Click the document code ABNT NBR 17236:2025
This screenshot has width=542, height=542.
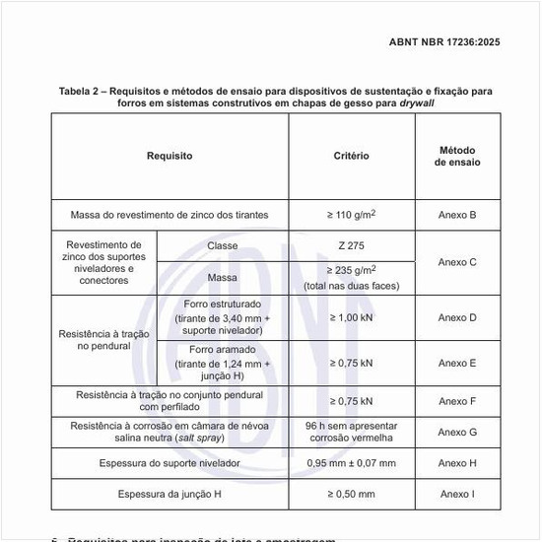coord(446,42)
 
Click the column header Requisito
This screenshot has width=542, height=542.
coord(169,156)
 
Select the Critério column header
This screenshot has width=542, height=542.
coord(352,156)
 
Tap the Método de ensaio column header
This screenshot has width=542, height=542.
coord(457,156)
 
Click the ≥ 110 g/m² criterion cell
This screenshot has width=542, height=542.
coord(352,214)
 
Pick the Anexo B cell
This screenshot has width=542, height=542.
coord(457,214)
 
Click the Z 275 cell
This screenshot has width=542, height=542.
coord(352,245)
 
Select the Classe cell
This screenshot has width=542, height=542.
coord(223,245)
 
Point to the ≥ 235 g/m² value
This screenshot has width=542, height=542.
coord(352,270)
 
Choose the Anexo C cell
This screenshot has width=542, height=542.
coord(457,262)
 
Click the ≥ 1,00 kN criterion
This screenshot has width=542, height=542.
coord(352,317)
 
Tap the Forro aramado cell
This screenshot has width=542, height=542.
coord(223,349)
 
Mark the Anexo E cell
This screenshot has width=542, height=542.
coord(457,363)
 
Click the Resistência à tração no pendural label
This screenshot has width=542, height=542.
coord(104,340)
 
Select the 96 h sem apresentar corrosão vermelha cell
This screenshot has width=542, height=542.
coord(352,432)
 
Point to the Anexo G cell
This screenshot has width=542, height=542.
coord(457,432)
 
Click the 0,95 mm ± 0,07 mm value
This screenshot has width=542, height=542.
coord(352,462)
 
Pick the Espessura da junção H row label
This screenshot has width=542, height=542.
coord(169,494)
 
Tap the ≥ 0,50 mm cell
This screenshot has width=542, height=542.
coord(352,494)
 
